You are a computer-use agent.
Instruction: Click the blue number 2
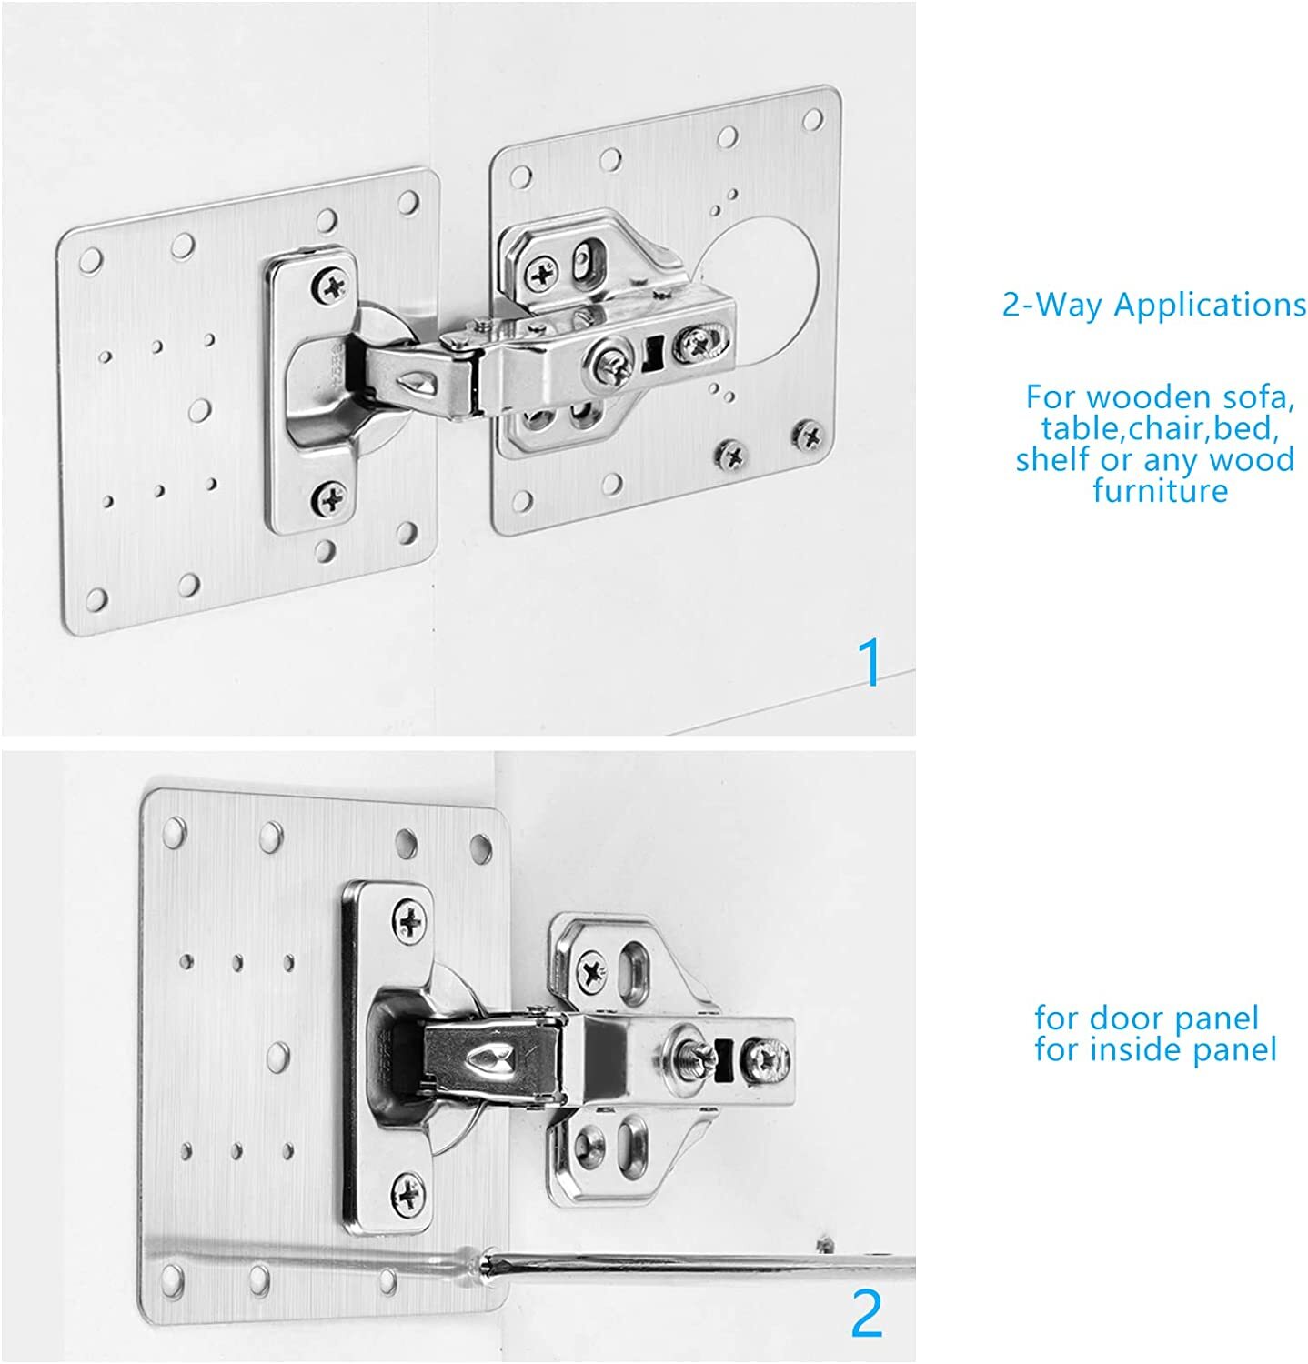[866, 1313]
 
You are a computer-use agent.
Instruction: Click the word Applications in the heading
[1210, 306]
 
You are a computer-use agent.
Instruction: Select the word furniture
[1160, 491]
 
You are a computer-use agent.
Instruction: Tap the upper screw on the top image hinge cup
[331, 286]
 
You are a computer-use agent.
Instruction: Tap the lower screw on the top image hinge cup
[330, 496]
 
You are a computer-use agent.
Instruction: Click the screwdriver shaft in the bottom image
[691, 1263]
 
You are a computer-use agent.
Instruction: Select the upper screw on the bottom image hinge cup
[411, 920]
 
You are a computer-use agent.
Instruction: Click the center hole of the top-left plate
[202, 408]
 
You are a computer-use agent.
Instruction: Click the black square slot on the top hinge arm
[652, 350]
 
